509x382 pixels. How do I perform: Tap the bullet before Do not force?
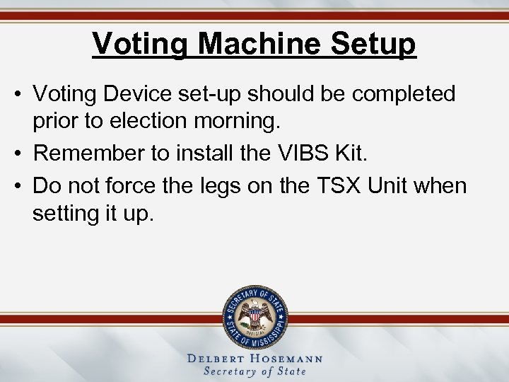click(21, 186)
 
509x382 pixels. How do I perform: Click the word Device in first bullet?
click(160, 94)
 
